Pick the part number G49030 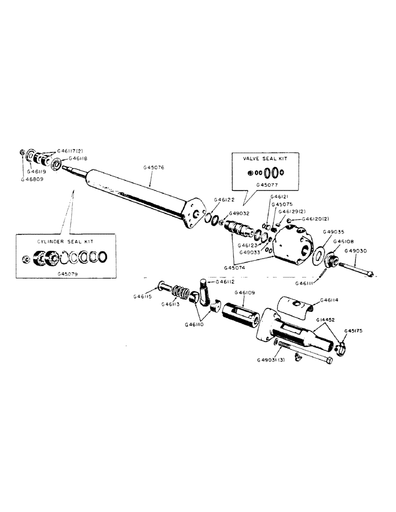click(x=355, y=251)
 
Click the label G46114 click(x=329, y=300)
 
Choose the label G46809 click(x=32, y=180)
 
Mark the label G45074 click(x=235, y=267)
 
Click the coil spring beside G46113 click(x=181, y=292)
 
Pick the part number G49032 click(x=240, y=214)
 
